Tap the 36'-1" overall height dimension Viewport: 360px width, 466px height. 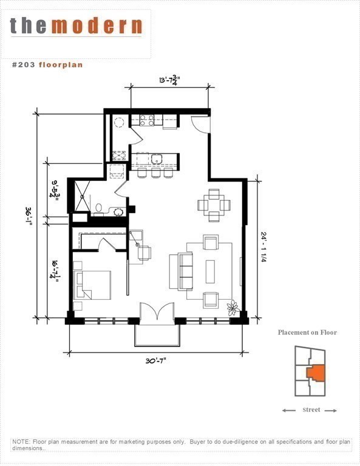click(29, 215)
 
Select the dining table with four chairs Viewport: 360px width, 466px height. click(213, 205)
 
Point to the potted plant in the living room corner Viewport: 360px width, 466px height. click(233, 308)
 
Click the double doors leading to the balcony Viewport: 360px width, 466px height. click(157, 314)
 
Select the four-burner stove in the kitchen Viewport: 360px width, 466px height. click(147, 120)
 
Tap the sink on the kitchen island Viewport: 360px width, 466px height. click(157, 160)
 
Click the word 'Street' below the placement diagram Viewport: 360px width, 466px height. click(311, 410)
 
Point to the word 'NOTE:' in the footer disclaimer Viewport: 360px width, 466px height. click(22, 442)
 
